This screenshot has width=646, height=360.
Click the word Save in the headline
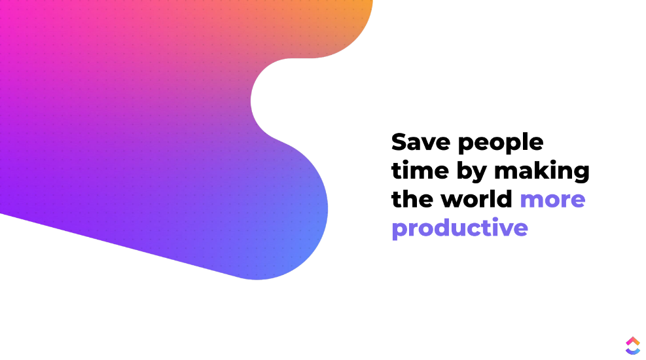click(x=421, y=142)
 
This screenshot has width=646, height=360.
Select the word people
click(x=501, y=143)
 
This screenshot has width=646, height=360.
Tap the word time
click(x=420, y=170)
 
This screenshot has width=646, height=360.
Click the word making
click(x=542, y=171)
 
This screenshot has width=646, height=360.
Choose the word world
click(x=476, y=199)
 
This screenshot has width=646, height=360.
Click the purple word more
click(x=552, y=200)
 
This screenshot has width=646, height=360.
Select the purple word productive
click(x=459, y=228)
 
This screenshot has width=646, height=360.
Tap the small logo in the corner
click(x=633, y=346)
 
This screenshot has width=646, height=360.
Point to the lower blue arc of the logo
click(x=633, y=351)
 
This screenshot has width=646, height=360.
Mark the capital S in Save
click(x=400, y=142)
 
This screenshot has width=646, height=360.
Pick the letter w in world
click(x=453, y=200)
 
